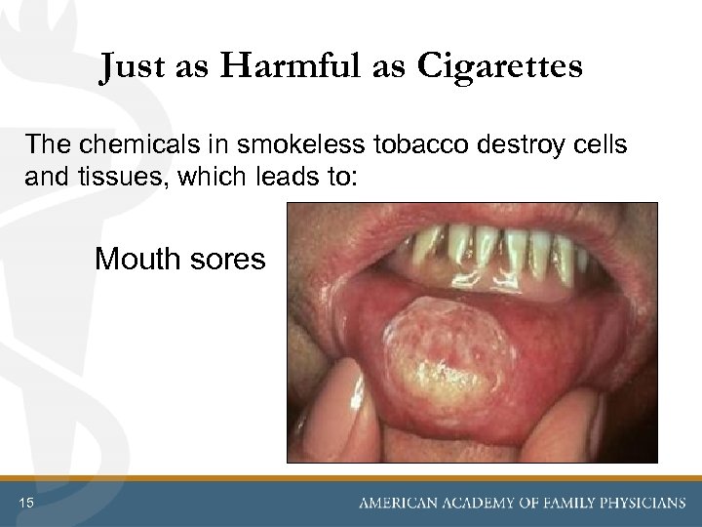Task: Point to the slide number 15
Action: pyautogui.click(x=26, y=503)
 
